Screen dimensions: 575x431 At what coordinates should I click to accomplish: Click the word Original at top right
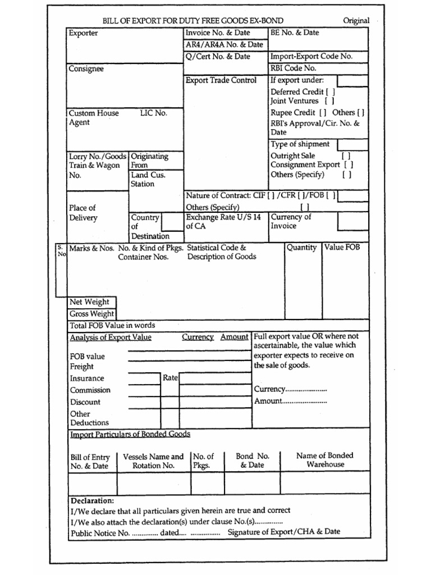pos(356,21)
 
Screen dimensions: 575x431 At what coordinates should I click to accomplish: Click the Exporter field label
pos(83,33)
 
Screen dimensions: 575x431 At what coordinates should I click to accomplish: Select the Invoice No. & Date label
pos(218,33)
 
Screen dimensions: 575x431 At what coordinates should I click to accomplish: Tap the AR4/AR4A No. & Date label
pos(224,44)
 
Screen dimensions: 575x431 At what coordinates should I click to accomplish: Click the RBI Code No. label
pos(294,69)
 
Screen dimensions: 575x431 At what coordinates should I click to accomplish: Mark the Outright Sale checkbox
pos(346,156)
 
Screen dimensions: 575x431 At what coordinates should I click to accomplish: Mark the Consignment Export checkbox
pos(349,165)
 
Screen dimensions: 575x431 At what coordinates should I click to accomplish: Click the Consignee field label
pos(86,69)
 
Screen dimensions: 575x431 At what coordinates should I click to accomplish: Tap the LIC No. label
pos(153,113)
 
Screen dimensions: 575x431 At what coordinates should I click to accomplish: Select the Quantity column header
pos(301,248)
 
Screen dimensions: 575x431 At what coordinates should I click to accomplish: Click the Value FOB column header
pos(342,248)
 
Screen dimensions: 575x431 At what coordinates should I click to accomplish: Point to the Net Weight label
pos(89,302)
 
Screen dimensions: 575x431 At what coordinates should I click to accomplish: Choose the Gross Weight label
pos(91,314)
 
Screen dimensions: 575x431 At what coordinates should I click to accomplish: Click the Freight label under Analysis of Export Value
pos(81,366)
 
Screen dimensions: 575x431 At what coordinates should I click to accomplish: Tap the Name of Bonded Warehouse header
pos(325,460)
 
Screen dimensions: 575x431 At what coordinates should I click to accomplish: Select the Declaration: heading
pos(92,500)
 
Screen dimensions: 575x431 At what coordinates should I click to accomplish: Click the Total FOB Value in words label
pos(112,325)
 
